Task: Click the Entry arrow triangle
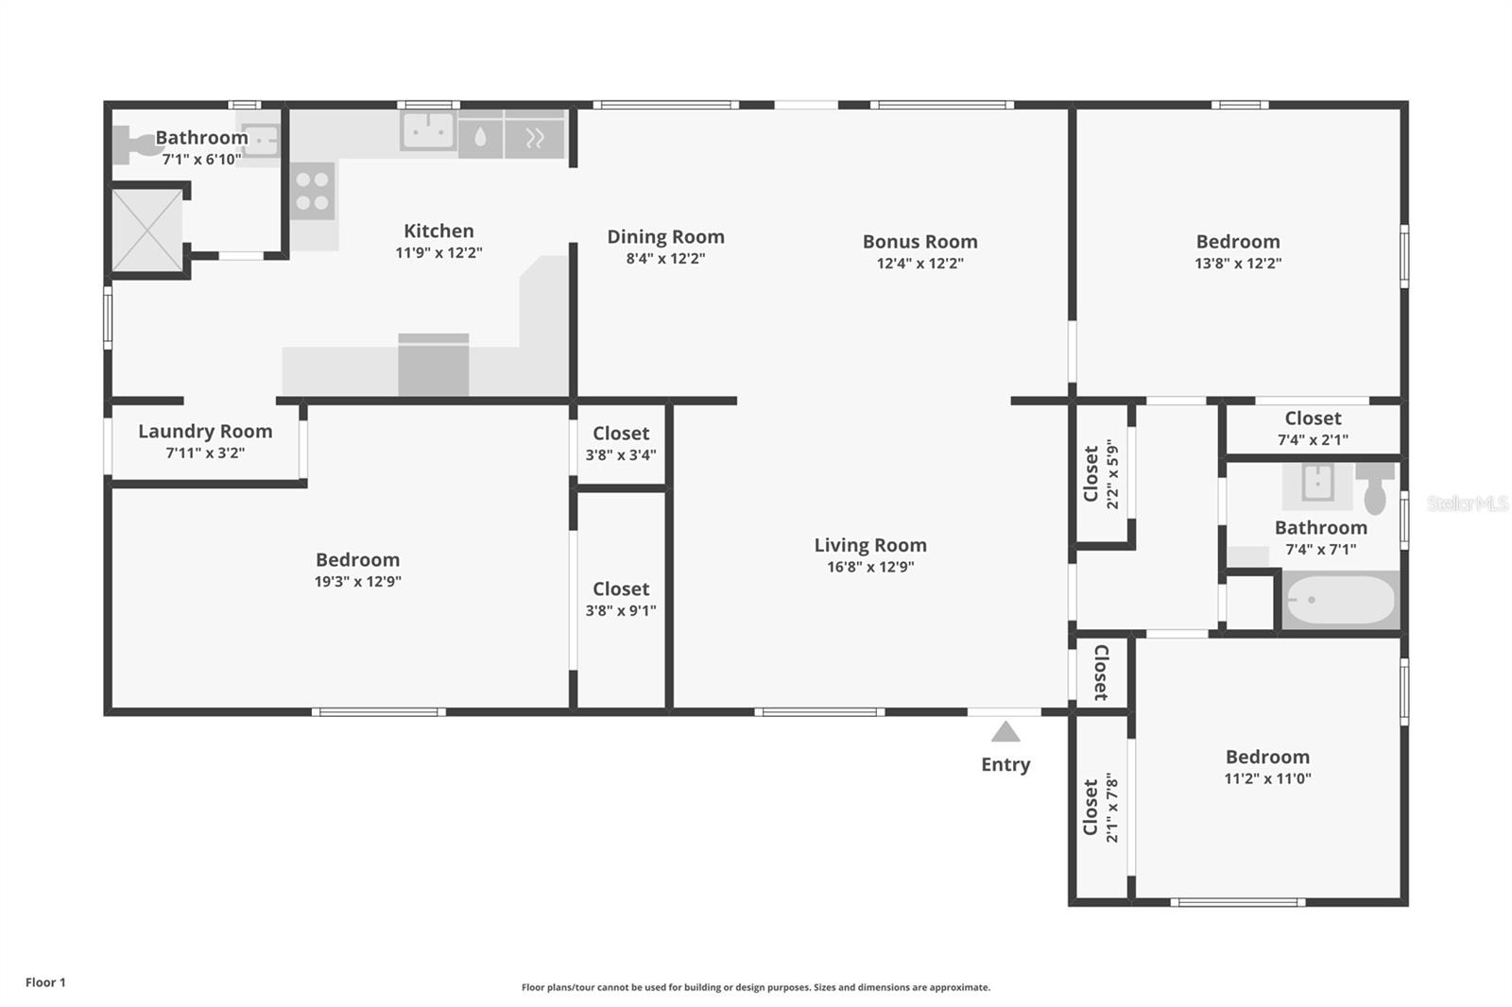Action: coord(1005,732)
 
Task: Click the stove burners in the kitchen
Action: coord(313,191)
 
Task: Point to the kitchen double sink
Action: coord(428,131)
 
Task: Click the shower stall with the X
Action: coord(147,230)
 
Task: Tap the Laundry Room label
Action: coord(205,431)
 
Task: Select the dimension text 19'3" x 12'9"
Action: coord(357,582)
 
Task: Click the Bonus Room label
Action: coord(919,241)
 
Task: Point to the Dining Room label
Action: coord(665,236)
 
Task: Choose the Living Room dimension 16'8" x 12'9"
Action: coord(869,567)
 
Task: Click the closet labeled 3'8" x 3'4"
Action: coord(621,443)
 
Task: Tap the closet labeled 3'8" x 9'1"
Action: coord(621,599)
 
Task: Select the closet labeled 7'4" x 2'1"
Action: coord(1313,428)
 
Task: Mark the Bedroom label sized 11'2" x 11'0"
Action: coord(1267,757)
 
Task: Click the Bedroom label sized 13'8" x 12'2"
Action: coord(1238,241)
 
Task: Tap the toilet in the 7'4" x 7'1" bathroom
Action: coord(1375,486)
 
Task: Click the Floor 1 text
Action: coord(45,982)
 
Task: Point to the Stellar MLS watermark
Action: coord(1466,503)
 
